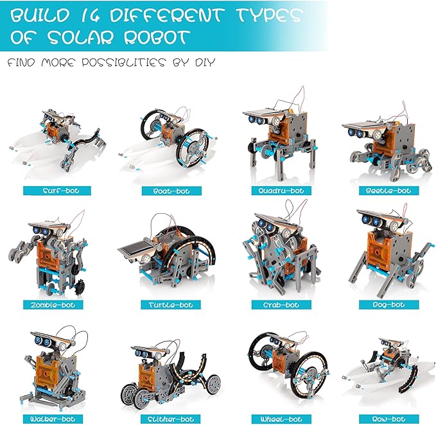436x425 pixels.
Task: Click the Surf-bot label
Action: (x=57, y=191)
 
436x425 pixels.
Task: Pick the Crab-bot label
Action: (x=281, y=305)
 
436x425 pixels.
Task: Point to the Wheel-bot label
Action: (x=281, y=419)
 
